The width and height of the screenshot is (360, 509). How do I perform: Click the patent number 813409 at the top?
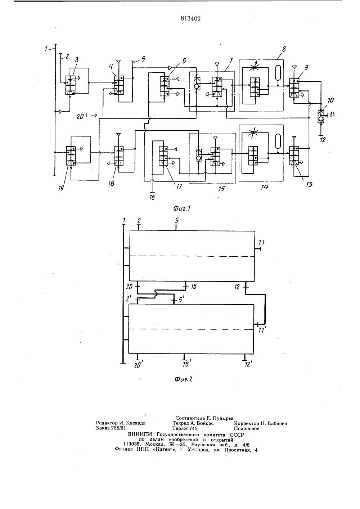click(190, 19)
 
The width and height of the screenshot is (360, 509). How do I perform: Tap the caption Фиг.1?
click(181, 208)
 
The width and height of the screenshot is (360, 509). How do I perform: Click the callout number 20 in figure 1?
click(80, 117)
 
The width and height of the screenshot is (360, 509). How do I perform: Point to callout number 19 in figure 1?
click(61, 188)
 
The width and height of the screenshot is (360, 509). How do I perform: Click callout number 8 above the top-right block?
click(284, 49)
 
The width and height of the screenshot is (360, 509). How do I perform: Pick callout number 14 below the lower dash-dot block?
click(265, 187)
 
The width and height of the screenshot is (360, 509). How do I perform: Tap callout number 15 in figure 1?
click(221, 189)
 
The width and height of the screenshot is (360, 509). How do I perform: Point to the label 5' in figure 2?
click(181, 300)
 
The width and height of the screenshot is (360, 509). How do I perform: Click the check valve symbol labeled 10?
click(320, 116)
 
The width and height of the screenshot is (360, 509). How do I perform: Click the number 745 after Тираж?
click(193, 429)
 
